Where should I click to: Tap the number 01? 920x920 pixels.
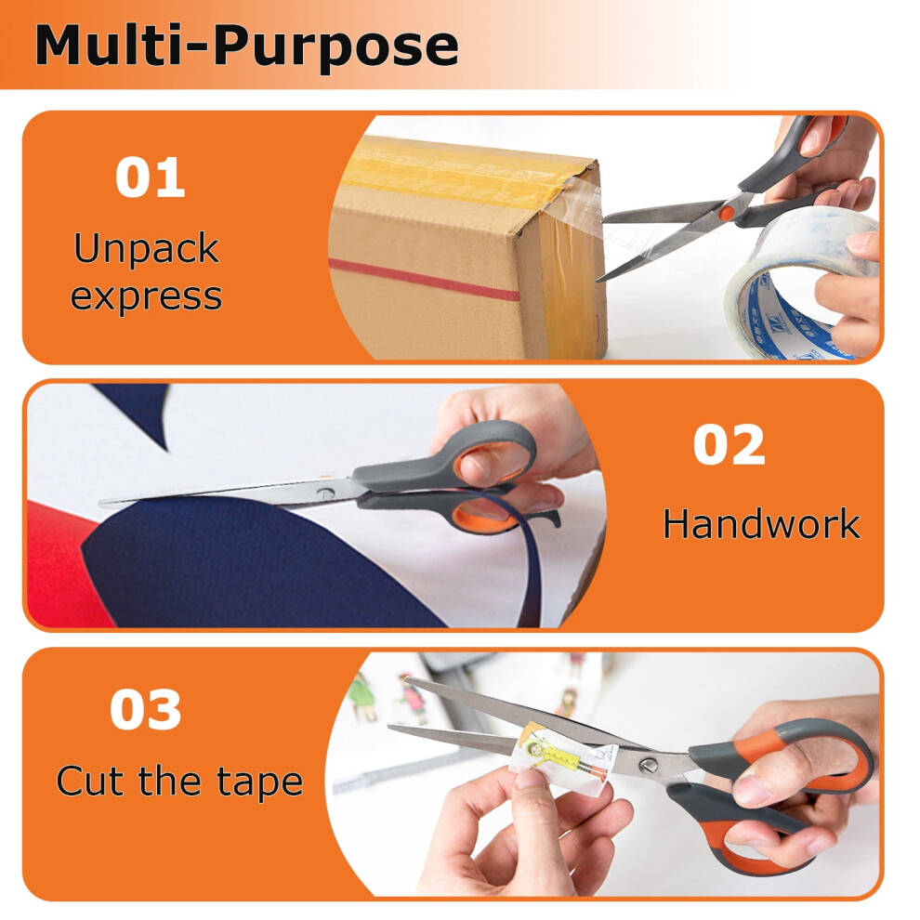tap(151, 177)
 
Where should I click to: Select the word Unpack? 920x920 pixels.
tap(147, 249)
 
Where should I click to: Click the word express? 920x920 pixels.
tap(147, 296)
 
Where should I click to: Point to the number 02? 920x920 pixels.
tap(729, 444)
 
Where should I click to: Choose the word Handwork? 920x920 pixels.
tap(762, 523)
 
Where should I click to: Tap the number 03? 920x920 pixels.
tap(146, 709)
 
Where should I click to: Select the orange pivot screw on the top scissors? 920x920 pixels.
tap(728, 213)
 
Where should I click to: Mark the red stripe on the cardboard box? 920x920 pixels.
tap(424, 280)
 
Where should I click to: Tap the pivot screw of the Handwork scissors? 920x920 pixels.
tap(323, 494)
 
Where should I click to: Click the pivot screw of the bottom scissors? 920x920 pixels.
tap(649, 766)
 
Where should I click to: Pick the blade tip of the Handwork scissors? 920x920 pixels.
tap(101, 503)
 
